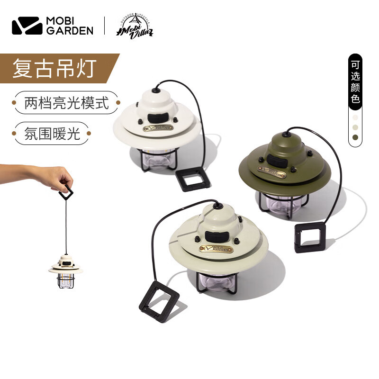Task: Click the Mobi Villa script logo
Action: [x=135, y=28]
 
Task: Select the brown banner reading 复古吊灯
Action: [x=57, y=69]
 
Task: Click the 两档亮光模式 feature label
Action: [x=66, y=102]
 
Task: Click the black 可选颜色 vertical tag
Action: [x=355, y=81]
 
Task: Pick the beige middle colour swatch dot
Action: [x=355, y=127]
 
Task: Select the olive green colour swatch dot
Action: [x=355, y=138]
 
